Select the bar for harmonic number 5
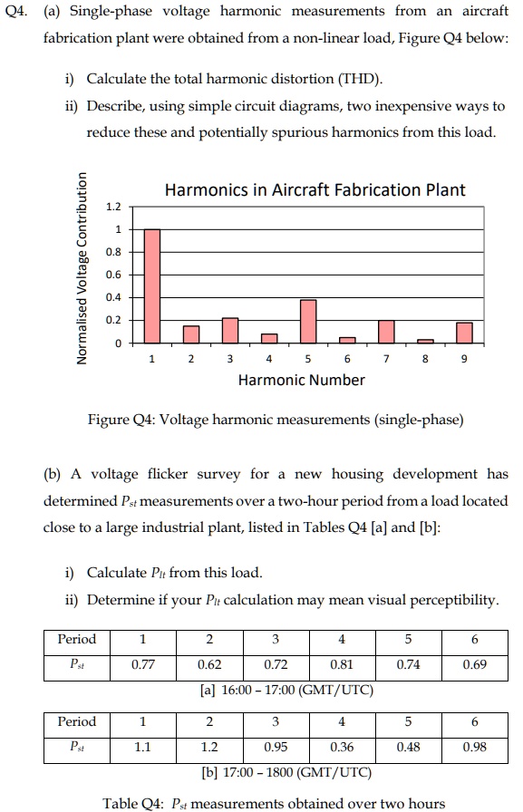pyautogui.click(x=308, y=322)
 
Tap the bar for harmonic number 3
pyautogui.click(x=230, y=331)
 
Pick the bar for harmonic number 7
pyautogui.click(x=386, y=332)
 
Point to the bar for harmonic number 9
pyautogui.click(x=464, y=333)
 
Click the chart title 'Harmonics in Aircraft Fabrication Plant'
pyautogui.click(x=315, y=190)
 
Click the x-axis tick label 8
pyautogui.click(x=425, y=359)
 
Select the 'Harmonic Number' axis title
pyautogui.click(x=301, y=381)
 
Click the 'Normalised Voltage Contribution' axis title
pyautogui.click(x=83, y=267)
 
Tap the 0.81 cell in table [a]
pyautogui.click(x=341, y=664)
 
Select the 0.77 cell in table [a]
pyautogui.click(x=142, y=664)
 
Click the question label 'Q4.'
pyautogui.click(x=19, y=11)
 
